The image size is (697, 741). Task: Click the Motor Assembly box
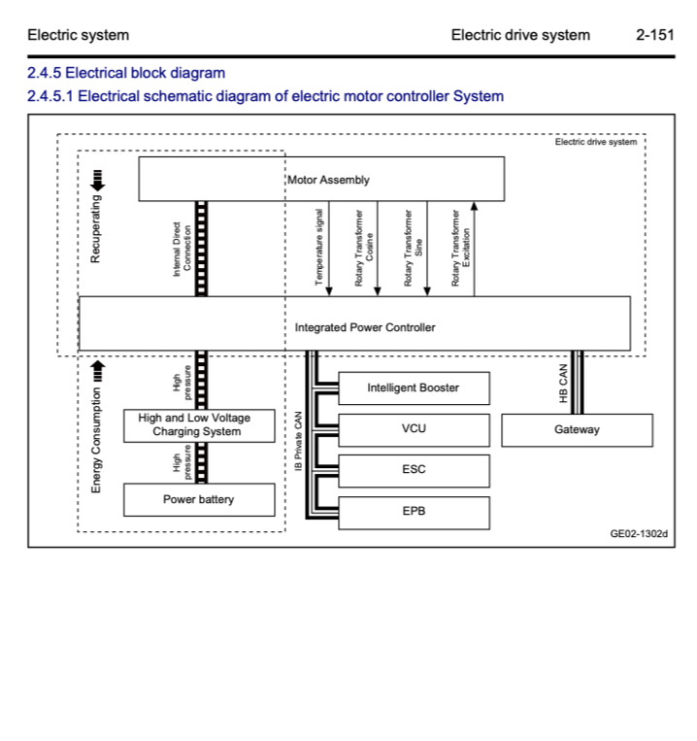coord(321,180)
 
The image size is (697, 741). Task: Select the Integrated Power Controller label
coord(365,327)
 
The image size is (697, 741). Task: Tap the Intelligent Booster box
coord(413,388)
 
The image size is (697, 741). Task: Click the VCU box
coord(413,429)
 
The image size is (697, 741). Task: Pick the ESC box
coord(413,470)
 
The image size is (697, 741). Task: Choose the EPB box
coord(413,511)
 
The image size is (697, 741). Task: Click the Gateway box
coord(577,430)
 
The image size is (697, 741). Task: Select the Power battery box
coord(198,500)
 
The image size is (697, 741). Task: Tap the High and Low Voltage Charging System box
coord(199,425)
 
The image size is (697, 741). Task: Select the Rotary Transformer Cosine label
coord(364,248)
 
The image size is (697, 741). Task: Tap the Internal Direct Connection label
coord(182,249)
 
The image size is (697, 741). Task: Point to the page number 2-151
coord(654,35)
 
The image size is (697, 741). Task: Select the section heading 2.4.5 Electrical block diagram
coord(126,73)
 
